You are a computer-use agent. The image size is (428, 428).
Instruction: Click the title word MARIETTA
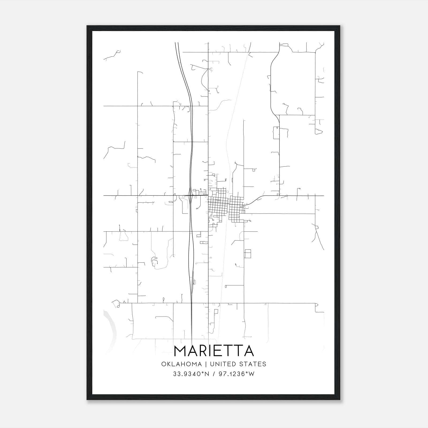214,351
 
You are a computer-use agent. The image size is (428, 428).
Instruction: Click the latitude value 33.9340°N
190,374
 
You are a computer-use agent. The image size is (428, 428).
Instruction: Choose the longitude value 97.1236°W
236,374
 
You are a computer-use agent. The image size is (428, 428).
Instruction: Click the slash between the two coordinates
213,374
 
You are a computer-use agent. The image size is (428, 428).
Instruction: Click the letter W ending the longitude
251,374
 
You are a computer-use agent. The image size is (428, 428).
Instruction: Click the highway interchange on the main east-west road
190,196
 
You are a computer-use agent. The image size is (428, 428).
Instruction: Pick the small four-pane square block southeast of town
248,254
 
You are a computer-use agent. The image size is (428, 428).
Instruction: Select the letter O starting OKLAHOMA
163,364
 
